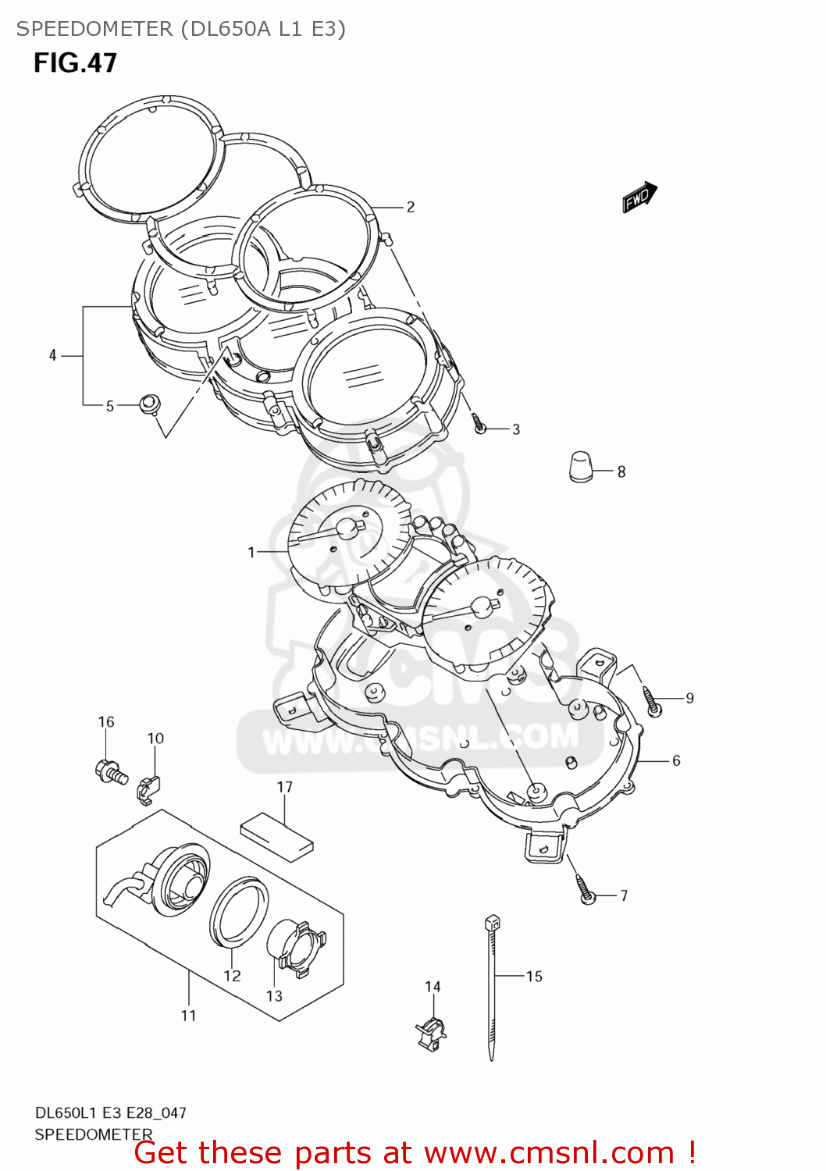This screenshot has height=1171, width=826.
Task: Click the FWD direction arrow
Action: pos(639,198)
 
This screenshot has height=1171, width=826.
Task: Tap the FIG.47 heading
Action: pos(75,63)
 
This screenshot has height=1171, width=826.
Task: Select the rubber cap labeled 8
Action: pos(580,467)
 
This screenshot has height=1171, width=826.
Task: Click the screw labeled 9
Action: pos(653,701)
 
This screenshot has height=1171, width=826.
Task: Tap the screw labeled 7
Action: pos(586,891)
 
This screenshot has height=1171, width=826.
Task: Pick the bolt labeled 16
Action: pos(111,772)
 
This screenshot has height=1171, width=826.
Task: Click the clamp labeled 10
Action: pos(148,789)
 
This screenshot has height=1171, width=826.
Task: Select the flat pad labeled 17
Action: pos(276,835)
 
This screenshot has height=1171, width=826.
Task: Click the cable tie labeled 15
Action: pos(492,988)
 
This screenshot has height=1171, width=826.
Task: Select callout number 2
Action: pos(410,207)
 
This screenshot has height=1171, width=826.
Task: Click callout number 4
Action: pos(52,356)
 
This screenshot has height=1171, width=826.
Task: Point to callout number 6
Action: pos(676,760)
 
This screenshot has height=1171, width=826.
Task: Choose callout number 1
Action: pos(251,553)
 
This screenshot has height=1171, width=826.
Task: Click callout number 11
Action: pos(188,1016)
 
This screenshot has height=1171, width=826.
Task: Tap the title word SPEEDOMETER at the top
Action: pos(94,29)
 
